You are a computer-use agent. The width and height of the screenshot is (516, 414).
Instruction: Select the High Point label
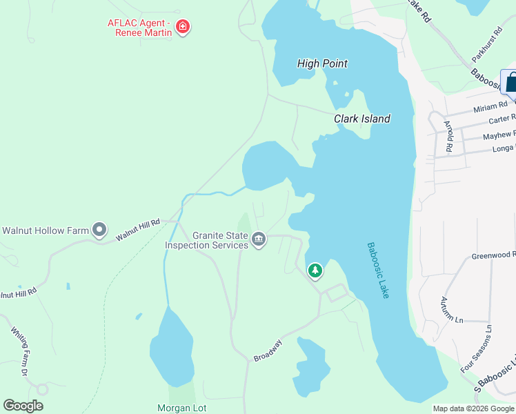coord(322,63)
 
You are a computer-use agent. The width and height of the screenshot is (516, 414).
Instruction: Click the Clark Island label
coord(362,119)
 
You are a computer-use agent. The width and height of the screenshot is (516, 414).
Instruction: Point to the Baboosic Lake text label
coord(378,270)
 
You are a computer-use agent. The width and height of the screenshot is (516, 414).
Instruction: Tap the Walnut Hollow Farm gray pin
coord(100,229)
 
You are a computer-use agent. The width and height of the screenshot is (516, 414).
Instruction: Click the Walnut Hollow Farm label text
coord(46,230)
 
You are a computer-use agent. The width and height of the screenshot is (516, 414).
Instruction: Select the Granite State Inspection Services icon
coord(259,240)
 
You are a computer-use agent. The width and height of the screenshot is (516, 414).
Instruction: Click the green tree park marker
coord(315,270)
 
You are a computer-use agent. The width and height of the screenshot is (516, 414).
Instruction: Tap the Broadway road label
coord(268,351)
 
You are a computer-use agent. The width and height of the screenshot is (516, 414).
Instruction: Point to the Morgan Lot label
coord(182,408)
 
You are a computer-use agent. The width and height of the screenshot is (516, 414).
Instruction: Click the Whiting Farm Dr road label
coord(19,351)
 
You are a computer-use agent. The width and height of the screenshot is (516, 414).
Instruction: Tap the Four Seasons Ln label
coord(477,349)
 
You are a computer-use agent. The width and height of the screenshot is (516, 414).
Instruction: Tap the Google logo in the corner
coord(23,406)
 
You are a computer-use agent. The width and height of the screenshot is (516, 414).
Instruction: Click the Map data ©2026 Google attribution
coord(473,408)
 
